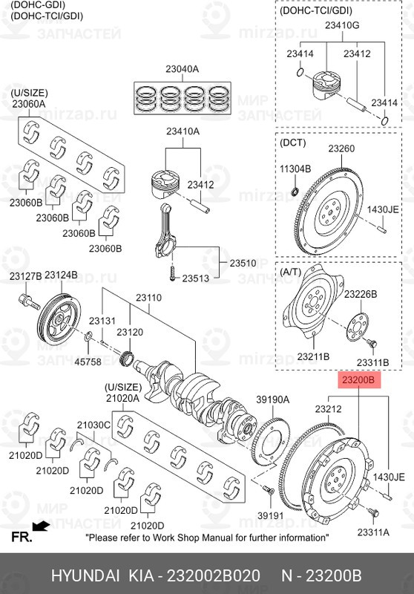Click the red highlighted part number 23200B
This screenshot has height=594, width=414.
(360, 381)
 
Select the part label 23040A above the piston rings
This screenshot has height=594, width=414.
(182, 69)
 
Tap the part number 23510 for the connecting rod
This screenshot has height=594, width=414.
(242, 263)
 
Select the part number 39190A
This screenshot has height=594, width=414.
(272, 399)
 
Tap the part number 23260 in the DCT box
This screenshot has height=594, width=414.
(341, 148)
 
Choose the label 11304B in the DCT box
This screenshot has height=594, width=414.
(295, 169)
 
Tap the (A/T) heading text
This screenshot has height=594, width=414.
(291, 272)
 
